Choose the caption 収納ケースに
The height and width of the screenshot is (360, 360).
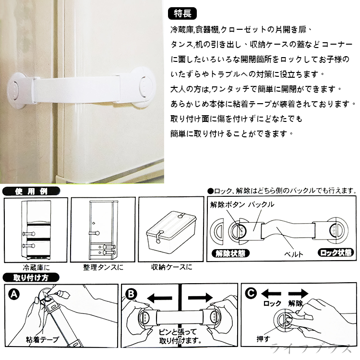(x=171, y=266)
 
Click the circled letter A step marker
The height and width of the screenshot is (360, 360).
(x=12, y=293)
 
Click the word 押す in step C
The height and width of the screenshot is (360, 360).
(x=264, y=339)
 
